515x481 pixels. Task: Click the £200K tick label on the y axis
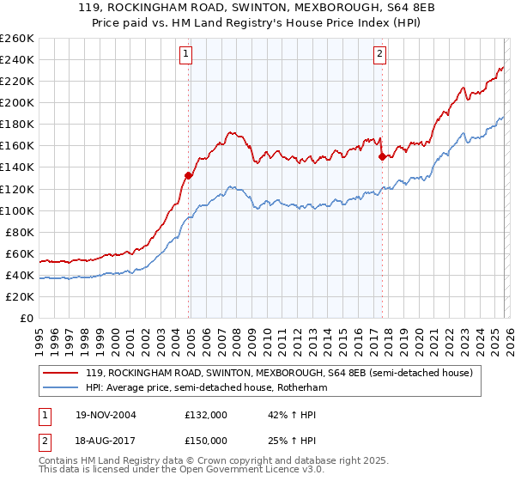17,102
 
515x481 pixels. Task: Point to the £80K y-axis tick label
20,232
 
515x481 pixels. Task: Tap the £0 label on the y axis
26,318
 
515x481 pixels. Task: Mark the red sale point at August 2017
382,156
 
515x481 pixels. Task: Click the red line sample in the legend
61,373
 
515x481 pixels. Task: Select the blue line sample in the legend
61,387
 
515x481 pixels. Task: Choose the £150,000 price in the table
206,440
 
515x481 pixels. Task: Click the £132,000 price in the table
206,415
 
